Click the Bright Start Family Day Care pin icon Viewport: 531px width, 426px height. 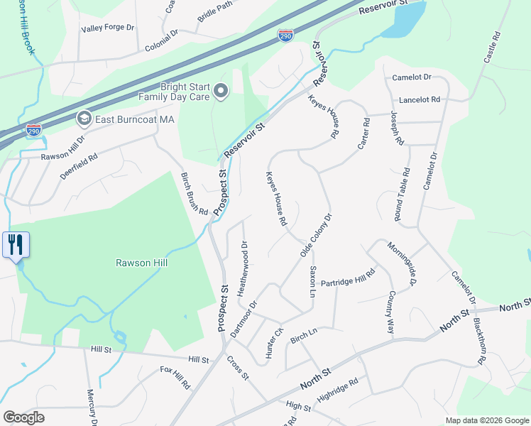point(220,90)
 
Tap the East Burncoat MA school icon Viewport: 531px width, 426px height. point(84,119)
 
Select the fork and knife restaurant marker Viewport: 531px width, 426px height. point(15,245)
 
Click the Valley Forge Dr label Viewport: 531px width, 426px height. point(108,28)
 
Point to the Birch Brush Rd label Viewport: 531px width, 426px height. point(194,194)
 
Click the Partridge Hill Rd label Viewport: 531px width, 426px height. point(347,278)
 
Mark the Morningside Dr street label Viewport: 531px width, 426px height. point(400,265)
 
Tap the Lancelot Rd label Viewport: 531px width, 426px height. point(420,100)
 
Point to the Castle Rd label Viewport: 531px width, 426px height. point(493,47)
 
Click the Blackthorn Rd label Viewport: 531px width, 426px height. point(481,340)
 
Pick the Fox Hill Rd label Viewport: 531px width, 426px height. point(175,377)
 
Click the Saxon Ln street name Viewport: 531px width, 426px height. point(312,282)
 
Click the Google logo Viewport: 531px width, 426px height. point(23,417)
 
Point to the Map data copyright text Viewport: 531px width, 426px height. point(487,420)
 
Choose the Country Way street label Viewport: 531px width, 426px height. point(390,312)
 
